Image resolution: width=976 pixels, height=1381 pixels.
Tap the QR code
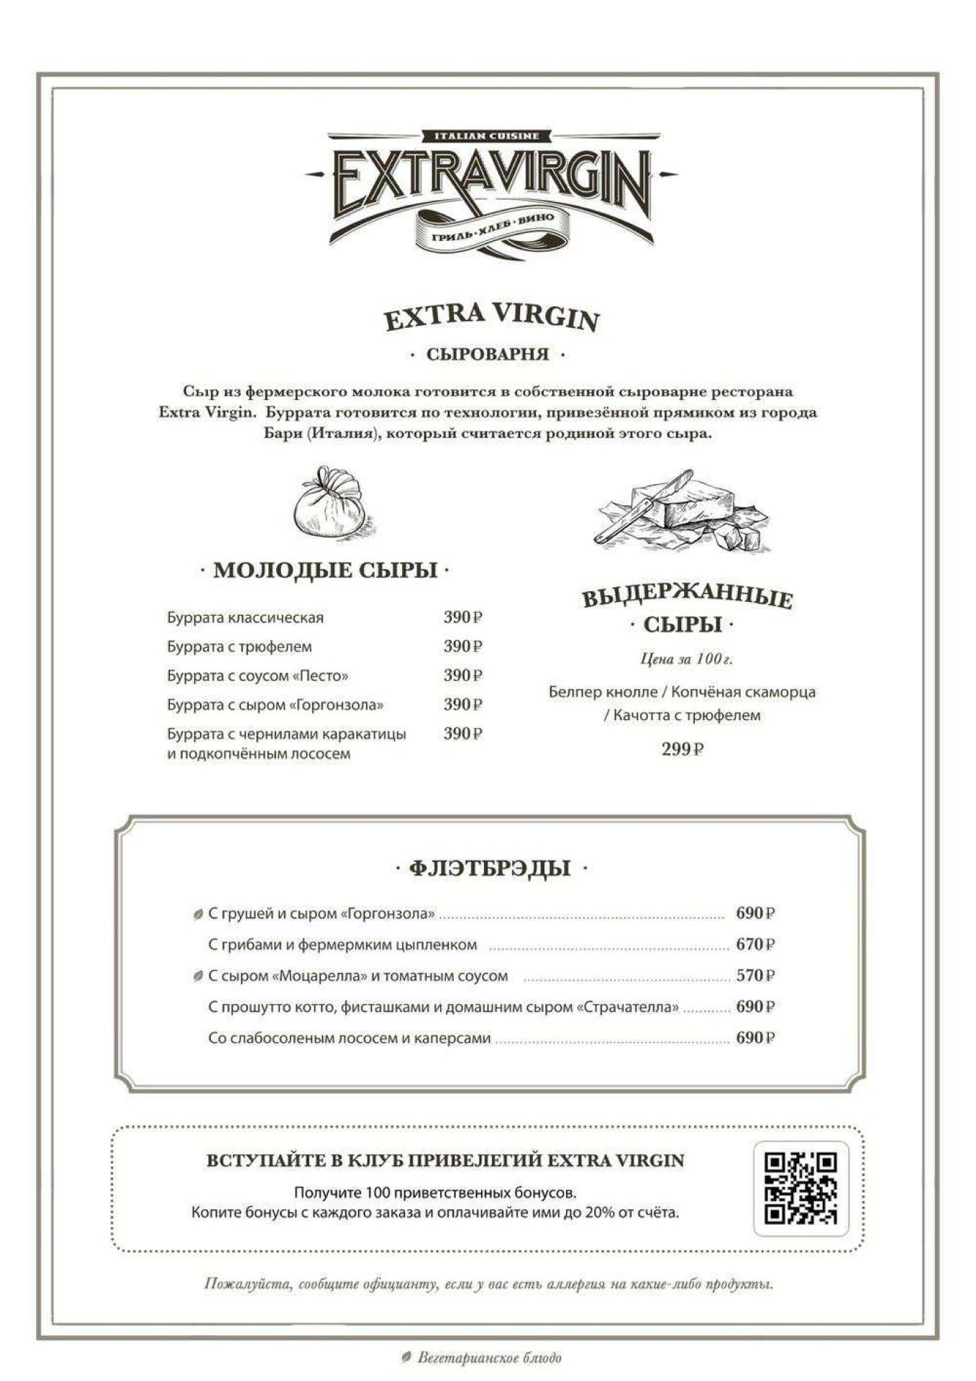click(x=801, y=1188)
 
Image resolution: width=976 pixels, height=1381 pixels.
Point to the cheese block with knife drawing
click(x=680, y=511)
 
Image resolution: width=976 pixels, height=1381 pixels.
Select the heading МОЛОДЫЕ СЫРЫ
click(x=325, y=570)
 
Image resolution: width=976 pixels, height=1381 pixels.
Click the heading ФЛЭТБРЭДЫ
click(x=491, y=868)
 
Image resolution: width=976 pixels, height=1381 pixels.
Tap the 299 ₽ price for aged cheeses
click(x=682, y=749)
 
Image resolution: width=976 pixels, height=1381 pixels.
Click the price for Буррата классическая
click(x=462, y=617)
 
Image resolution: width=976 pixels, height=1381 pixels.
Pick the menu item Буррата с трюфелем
click(x=240, y=647)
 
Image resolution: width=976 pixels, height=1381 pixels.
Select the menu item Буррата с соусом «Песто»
click(x=257, y=676)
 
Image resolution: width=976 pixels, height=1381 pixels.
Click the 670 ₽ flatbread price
click(x=754, y=944)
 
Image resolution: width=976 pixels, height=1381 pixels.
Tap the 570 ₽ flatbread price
click(x=754, y=976)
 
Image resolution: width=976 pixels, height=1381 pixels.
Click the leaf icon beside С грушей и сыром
click(x=198, y=915)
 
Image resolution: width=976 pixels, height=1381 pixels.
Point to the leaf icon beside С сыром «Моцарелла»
click(x=198, y=977)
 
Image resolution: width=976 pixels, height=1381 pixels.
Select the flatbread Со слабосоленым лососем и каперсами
click(x=350, y=1039)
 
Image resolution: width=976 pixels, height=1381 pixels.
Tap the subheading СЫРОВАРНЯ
click(x=488, y=355)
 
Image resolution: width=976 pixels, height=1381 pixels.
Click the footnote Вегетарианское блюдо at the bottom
click(x=489, y=1358)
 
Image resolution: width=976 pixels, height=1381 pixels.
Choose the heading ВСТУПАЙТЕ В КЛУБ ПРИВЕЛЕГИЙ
click(x=445, y=1161)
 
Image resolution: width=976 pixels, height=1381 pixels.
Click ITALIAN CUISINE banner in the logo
click(x=487, y=136)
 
